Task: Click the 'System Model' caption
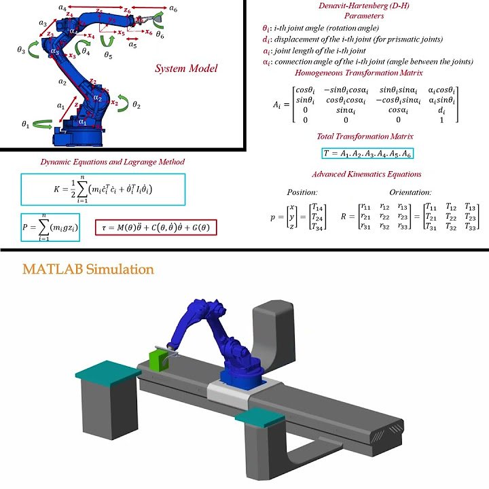(186, 69)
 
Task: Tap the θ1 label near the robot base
(26, 124)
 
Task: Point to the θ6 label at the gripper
(160, 33)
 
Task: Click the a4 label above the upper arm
(62, 7)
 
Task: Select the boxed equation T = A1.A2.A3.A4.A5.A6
(367, 153)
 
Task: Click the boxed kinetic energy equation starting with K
(103, 189)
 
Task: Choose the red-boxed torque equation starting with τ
(156, 226)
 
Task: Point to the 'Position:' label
(302, 192)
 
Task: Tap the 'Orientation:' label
(410, 192)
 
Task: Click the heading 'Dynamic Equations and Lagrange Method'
(103, 162)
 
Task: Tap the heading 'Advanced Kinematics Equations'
(367, 175)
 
